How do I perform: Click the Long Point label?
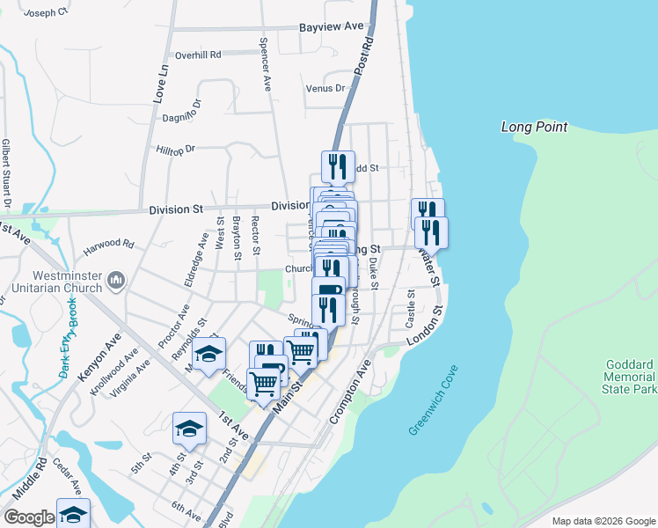click(535, 127)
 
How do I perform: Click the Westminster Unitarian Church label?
click(51, 281)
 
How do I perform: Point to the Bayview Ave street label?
click(331, 27)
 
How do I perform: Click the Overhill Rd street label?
click(197, 55)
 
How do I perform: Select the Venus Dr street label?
click(325, 89)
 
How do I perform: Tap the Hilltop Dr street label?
click(175, 150)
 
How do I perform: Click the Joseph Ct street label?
click(47, 14)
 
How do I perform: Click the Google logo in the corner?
click(29, 517)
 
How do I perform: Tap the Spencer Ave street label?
click(264, 64)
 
